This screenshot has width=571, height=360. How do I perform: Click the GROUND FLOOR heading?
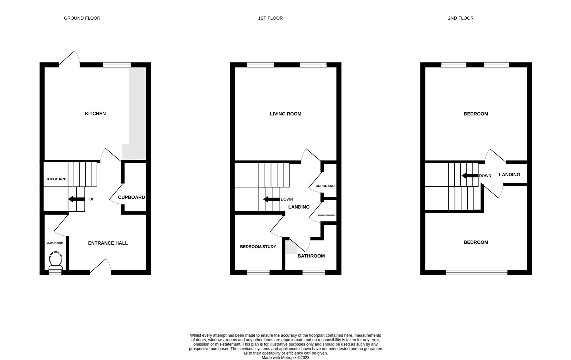(x=82, y=18)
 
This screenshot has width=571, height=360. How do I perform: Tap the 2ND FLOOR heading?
(x=460, y=18)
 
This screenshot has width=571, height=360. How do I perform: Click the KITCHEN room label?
(x=95, y=114)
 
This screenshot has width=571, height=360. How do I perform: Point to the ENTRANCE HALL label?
(x=108, y=243)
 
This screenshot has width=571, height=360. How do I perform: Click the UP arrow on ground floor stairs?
(x=76, y=199)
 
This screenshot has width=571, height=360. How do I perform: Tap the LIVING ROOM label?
(x=285, y=114)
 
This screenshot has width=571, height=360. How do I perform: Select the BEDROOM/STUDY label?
(x=258, y=247)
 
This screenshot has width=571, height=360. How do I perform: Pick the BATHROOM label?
(x=311, y=256)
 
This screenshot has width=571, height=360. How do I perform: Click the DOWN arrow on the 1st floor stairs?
(x=271, y=199)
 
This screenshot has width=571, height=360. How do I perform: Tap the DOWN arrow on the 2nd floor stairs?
(x=469, y=176)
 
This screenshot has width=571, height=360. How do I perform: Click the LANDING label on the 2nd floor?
(x=509, y=175)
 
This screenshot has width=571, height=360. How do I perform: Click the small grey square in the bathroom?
(x=291, y=247)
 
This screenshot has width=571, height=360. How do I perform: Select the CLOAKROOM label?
(x=55, y=243)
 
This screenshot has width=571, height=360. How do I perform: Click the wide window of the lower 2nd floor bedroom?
(x=476, y=273)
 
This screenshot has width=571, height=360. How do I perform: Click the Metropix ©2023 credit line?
(x=285, y=358)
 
